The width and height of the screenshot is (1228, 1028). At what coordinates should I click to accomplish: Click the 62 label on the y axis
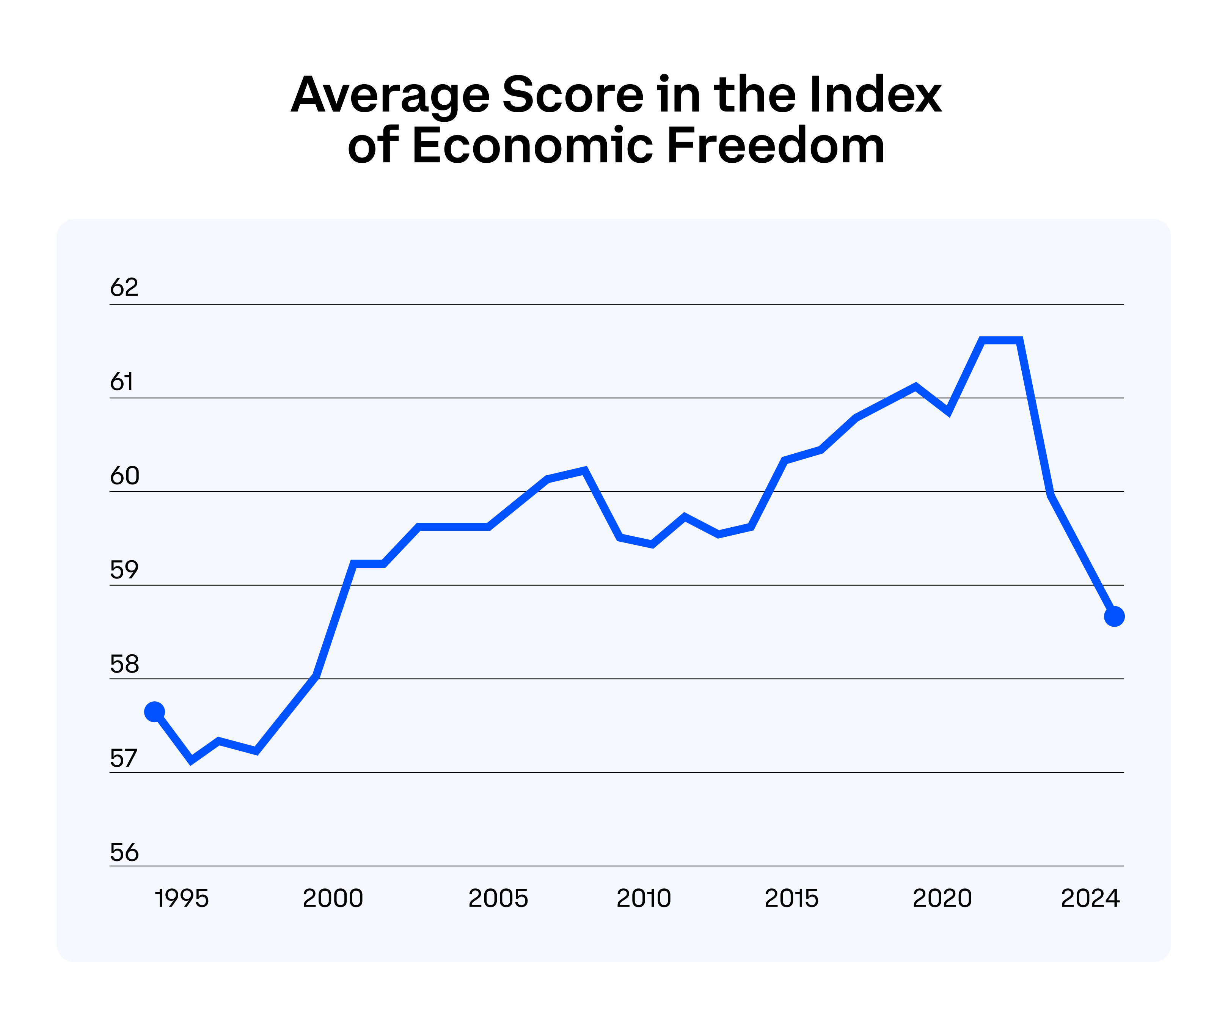tap(124, 288)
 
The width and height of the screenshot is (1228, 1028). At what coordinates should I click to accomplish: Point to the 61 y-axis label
tap(122, 382)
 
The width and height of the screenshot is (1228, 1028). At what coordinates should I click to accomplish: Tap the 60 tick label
tap(124, 476)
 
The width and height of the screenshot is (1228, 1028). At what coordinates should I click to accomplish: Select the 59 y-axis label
tap(124, 570)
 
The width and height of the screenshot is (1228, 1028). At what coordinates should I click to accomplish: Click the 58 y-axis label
tap(124, 664)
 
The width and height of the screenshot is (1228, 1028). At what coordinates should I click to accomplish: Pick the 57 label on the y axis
tap(123, 758)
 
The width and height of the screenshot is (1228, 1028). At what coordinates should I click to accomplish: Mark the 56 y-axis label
tap(124, 853)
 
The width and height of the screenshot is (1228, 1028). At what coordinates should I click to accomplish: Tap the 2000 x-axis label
tap(333, 899)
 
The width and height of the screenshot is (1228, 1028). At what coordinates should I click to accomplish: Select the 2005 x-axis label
tap(498, 899)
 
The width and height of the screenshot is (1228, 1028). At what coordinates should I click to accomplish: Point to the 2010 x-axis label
tap(644, 899)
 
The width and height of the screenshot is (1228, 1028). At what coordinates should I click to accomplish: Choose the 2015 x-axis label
tap(792, 899)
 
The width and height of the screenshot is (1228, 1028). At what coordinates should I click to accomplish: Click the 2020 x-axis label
tap(942, 899)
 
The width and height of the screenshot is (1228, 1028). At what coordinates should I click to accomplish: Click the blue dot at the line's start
tap(154, 712)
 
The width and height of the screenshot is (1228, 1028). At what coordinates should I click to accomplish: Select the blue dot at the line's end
tap(1115, 616)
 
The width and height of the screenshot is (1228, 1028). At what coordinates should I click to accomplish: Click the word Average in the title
tap(390, 95)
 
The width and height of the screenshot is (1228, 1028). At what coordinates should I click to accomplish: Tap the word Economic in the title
tap(533, 146)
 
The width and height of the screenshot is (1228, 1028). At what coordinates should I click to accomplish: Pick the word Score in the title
tap(573, 95)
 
